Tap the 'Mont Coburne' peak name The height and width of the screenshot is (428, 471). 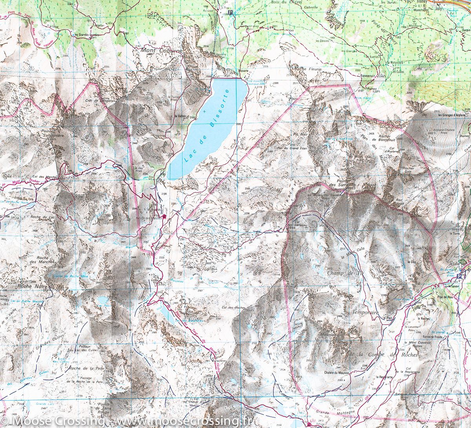click(160, 51)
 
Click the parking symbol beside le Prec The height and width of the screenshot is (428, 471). click(230, 12)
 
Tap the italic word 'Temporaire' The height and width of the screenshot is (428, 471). click(365, 313)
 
